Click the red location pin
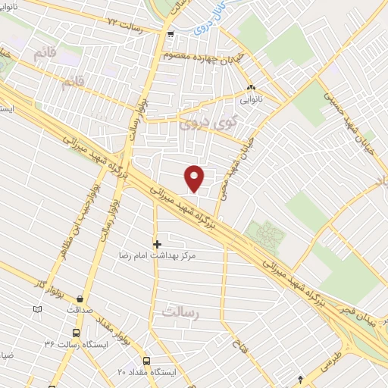[195, 177]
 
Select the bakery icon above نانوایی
[251, 86]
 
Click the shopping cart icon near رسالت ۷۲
[171, 33]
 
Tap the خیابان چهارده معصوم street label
[201, 55]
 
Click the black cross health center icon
[157, 244]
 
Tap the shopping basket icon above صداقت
[79, 298]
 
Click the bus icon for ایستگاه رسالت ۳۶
[75, 333]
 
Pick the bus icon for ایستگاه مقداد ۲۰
[146, 361]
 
